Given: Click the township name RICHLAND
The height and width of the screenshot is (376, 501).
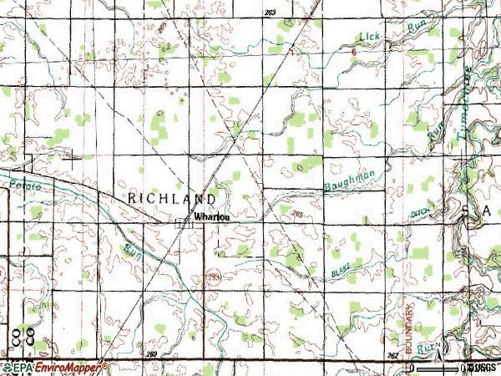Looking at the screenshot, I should coord(173,199).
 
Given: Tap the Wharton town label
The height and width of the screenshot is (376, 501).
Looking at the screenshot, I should coord(210,216).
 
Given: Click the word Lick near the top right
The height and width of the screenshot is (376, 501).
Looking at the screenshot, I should coord(368,36).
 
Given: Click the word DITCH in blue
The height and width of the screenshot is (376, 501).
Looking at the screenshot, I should coord(421,215).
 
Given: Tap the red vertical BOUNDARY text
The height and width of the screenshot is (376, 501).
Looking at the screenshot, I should coord(410,321).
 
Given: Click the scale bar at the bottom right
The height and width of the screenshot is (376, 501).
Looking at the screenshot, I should coord(438,367).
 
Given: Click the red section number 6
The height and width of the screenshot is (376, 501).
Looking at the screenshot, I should coord(354,52).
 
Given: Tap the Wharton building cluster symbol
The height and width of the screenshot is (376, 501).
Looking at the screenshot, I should coord(184,222).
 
